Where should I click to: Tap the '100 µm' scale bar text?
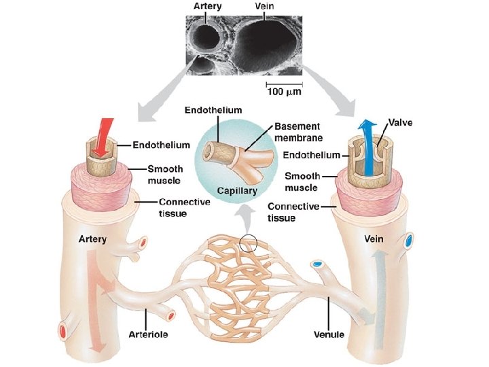click(x=284, y=91)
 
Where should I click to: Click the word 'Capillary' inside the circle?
click(x=237, y=191)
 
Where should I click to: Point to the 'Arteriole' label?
click(x=149, y=334)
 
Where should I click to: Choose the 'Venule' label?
click(x=329, y=334)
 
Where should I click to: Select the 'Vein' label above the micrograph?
click(x=266, y=6)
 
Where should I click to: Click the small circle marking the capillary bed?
click(x=249, y=243)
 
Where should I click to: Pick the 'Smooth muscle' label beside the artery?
click(x=164, y=175)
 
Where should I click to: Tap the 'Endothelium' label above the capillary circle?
click(x=213, y=110)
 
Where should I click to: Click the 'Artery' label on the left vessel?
click(x=92, y=239)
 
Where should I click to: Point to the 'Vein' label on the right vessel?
click(x=374, y=239)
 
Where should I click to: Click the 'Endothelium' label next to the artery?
click(x=161, y=145)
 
